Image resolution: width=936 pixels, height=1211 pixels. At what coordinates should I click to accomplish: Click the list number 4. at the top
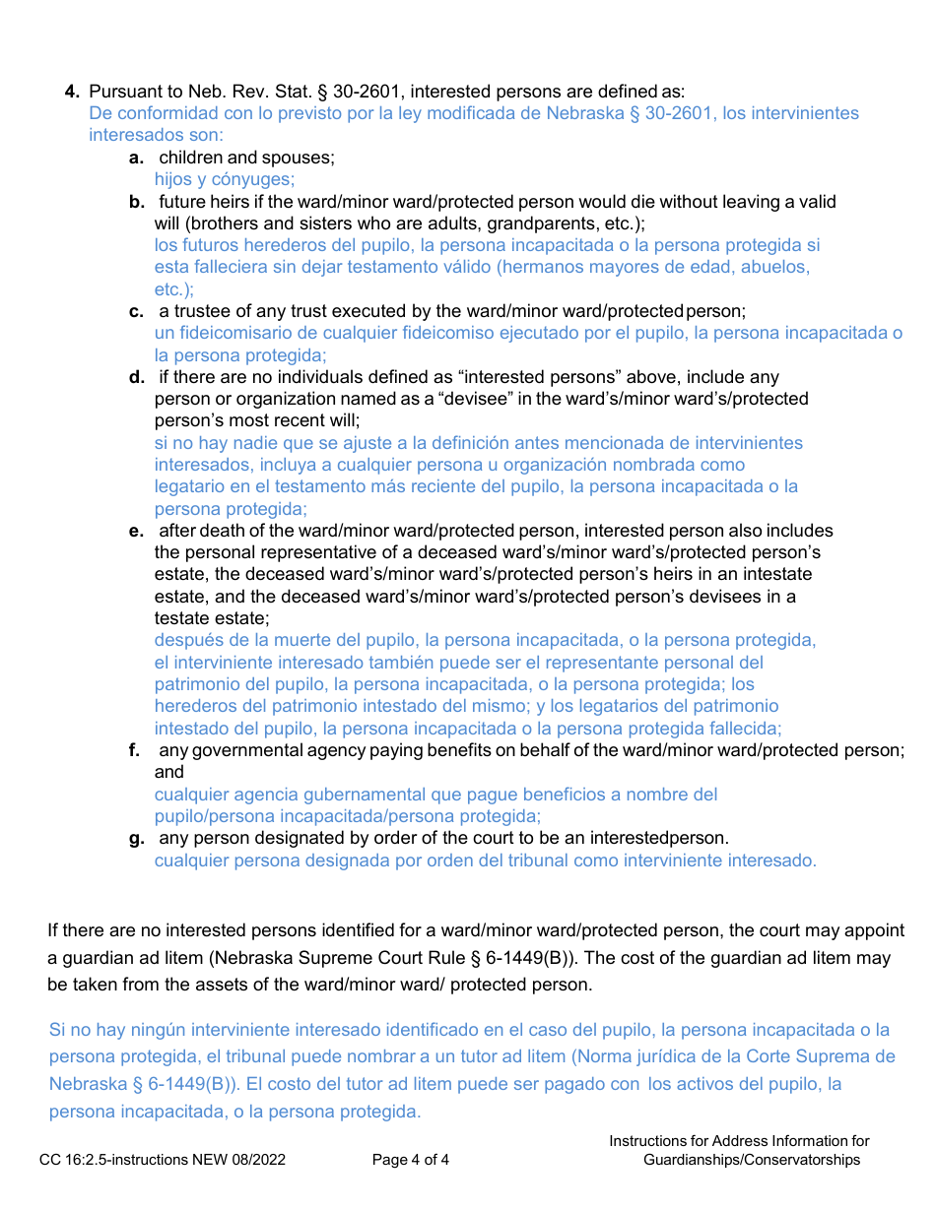coord(72,92)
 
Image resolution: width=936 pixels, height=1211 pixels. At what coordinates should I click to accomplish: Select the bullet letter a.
coord(137,158)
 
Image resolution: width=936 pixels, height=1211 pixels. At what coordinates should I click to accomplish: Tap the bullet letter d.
coord(137,377)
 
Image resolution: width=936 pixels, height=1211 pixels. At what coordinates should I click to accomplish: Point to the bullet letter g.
coord(137,838)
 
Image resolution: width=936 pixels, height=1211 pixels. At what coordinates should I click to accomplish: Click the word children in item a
coord(191,158)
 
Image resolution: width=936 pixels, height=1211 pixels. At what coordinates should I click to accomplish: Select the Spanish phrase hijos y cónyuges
coord(225,179)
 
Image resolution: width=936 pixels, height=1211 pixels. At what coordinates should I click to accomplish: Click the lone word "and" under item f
coord(169,772)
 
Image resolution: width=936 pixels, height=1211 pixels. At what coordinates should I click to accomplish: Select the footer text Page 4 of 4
coord(411,1160)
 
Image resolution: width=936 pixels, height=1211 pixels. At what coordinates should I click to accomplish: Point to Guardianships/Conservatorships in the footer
coord(752,1160)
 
